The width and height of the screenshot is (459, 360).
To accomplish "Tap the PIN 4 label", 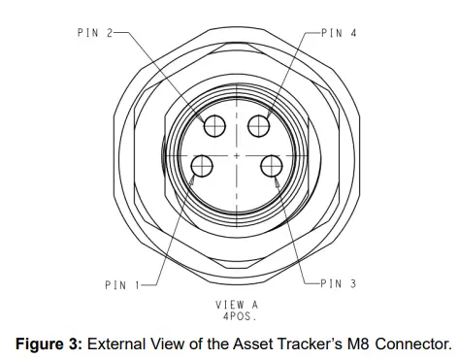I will click(340, 32).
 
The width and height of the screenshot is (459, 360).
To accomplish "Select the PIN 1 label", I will click(120, 284).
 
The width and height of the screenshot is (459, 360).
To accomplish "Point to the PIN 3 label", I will click(340, 283).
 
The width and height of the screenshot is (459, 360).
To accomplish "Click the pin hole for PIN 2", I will click(215, 126).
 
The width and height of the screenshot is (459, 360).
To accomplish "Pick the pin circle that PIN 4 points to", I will click(259, 126).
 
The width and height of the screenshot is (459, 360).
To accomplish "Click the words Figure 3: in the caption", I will click(44, 343).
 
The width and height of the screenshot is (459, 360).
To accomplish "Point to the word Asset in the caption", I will click(257, 343).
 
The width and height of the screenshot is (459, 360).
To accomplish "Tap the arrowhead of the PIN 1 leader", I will click(195, 178).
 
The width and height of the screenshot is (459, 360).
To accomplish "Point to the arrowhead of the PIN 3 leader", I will click(279, 181).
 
